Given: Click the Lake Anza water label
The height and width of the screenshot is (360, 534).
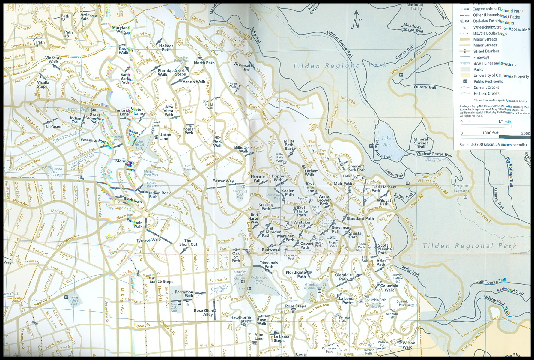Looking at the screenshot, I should point(387,141).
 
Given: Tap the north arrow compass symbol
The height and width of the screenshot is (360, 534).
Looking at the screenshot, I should point(356,20).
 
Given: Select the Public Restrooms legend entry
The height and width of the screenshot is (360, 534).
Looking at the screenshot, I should point(488,82).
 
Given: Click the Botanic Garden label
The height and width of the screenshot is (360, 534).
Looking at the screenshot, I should point(461,188).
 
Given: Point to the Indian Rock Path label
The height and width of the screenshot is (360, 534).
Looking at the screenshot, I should point(160,195).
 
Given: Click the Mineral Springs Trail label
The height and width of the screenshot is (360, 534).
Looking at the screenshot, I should point(421,143).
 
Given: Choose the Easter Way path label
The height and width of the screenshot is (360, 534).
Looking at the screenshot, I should point(223,181).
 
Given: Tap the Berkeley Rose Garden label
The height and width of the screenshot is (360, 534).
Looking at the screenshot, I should point(239,275).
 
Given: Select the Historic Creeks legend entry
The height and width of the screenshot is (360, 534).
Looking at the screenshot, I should point(486,94).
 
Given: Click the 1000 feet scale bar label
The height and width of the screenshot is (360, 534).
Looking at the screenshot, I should point(490,133).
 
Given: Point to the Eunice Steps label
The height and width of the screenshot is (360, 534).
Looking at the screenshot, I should point(161,281).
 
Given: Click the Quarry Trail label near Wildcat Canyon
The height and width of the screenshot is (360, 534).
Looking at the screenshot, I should point(425,87).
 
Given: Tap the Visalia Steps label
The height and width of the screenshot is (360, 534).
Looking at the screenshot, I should point(43,84).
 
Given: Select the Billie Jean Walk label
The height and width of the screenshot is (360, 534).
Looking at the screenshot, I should point(243,149).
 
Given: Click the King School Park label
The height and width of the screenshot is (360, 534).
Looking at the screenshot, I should point(74,301).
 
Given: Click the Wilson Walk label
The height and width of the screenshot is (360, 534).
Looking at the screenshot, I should point(409,345).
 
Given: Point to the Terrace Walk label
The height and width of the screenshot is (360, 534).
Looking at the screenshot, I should point(148,240).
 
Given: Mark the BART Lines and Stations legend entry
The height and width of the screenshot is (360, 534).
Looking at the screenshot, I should point(494,64).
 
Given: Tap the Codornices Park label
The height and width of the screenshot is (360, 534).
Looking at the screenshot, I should point(259,279).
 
